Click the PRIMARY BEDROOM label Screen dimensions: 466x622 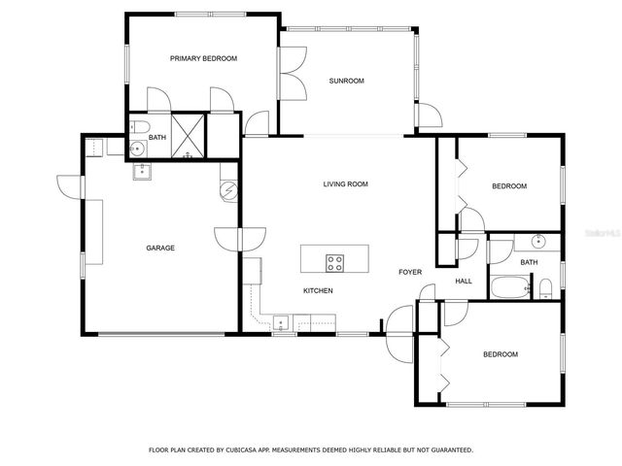point(203,58)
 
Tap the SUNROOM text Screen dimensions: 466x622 point(346,81)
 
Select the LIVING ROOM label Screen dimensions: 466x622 point(346,183)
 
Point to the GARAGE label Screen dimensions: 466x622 point(160,248)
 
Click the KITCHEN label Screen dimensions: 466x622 point(318,290)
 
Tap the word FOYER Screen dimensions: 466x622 point(410,272)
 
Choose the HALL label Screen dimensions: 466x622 point(464,282)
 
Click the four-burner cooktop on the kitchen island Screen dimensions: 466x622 point(334,260)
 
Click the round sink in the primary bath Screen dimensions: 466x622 point(137,149)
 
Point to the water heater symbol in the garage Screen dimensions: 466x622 point(228,190)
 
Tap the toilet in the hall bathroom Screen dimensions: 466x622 point(546,287)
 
